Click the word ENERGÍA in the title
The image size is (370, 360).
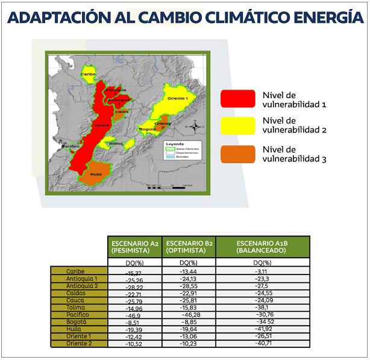[x=325, y=17]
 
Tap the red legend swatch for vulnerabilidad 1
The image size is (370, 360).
[x=237, y=99]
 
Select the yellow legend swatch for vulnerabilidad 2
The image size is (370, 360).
[x=237, y=125]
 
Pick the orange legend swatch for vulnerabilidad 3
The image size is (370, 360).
[x=237, y=154]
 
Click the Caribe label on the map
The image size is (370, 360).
[x=89, y=74]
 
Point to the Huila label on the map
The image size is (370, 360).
[x=95, y=173]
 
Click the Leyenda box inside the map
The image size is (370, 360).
[x=183, y=152]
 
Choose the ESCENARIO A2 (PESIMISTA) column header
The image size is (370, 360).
[x=134, y=246]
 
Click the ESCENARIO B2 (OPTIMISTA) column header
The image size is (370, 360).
[x=189, y=246]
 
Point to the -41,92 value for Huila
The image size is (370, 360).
[x=263, y=329]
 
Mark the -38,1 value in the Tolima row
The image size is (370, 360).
[x=263, y=307]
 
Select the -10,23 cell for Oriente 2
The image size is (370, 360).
[x=188, y=344]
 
